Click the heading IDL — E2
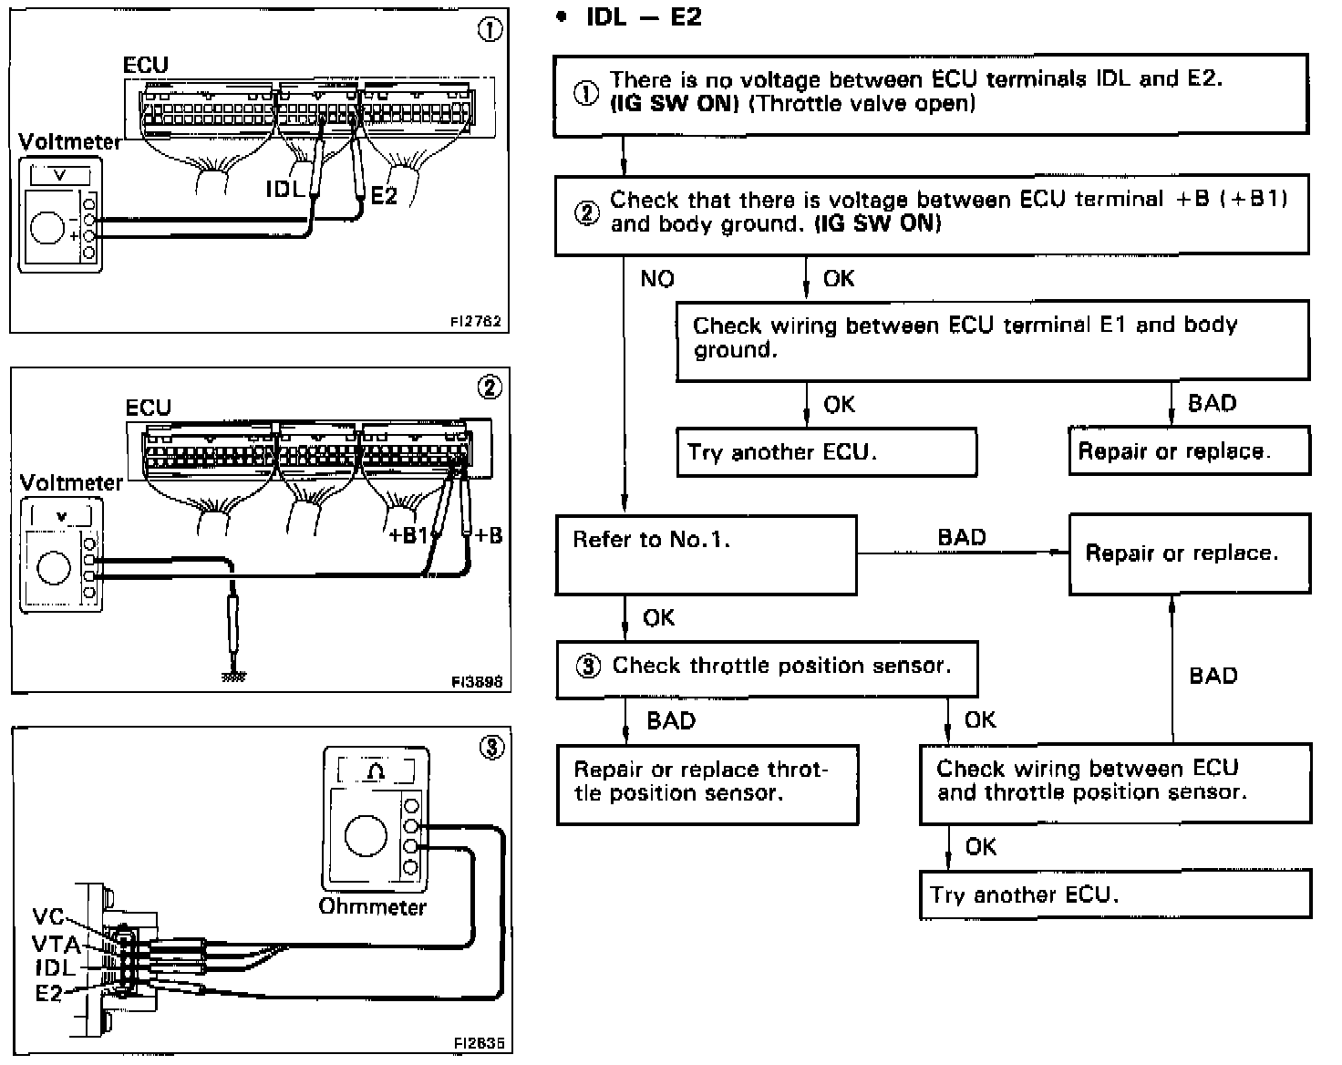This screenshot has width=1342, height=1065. click(x=644, y=17)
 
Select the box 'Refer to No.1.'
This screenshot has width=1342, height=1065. click(x=706, y=554)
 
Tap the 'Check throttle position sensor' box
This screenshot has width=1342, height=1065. click(x=767, y=668)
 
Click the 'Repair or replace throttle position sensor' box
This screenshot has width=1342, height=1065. click(x=707, y=784)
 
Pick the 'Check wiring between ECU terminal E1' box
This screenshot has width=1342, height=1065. click(x=992, y=340)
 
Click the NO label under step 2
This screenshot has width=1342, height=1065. click(x=656, y=279)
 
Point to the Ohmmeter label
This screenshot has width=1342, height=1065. click(x=372, y=907)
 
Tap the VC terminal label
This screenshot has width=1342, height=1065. click(x=48, y=917)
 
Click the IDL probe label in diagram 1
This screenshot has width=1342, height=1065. click(x=284, y=189)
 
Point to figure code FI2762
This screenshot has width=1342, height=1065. click(x=475, y=322)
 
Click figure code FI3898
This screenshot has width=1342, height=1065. click(x=476, y=681)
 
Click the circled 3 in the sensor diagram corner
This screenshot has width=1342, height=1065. click(x=491, y=750)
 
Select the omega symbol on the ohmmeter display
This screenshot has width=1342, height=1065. click(x=376, y=772)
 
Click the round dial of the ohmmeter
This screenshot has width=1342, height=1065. click(x=366, y=837)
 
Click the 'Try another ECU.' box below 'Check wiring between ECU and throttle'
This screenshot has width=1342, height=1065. click(x=1115, y=894)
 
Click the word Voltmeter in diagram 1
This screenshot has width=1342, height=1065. click(x=69, y=142)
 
